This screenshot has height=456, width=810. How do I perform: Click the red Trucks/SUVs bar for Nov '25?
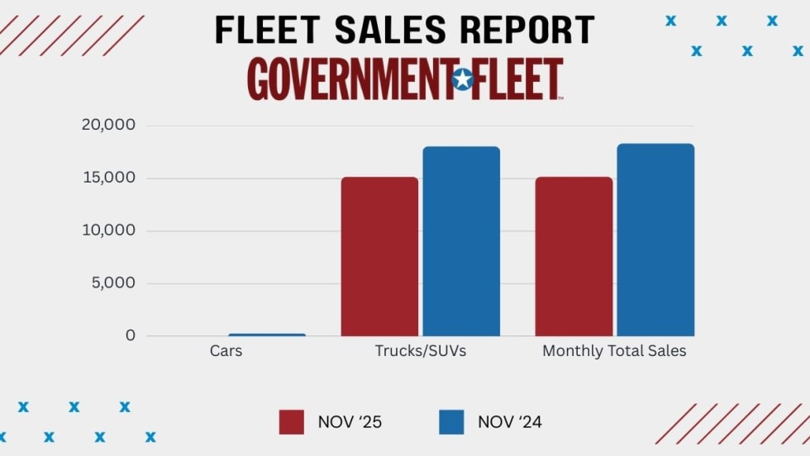(x=379, y=256)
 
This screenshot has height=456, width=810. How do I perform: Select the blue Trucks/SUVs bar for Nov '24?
(x=461, y=241)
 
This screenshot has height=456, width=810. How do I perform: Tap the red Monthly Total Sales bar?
(x=574, y=256)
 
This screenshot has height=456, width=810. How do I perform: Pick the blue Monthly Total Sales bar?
(x=655, y=240)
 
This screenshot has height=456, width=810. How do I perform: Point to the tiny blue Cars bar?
(x=266, y=335)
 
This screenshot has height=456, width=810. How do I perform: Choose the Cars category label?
(x=226, y=351)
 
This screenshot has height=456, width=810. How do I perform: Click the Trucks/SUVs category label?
(x=421, y=351)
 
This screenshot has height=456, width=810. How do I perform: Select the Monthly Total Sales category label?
(x=614, y=351)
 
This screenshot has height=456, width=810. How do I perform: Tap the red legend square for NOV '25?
(x=292, y=421)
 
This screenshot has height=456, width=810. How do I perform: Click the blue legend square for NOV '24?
(x=452, y=421)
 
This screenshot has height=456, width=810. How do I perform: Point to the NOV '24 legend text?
(x=510, y=422)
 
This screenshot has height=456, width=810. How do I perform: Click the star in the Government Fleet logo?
(x=462, y=80)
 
